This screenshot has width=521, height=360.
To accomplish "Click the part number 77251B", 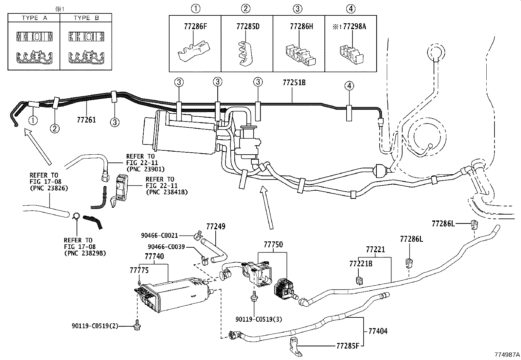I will [x=294, y=83].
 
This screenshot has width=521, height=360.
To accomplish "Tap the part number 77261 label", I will [x=86, y=120].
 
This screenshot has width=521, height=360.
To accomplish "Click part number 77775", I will [x=139, y=270].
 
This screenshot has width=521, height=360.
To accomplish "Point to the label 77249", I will [x=216, y=227].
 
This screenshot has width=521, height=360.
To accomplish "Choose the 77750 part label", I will [x=273, y=245].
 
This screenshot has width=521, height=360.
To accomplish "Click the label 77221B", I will [x=361, y=263].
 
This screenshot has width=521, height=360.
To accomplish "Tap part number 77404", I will [x=378, y=331].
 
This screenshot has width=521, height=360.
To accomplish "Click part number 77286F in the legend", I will [x=195, y=27].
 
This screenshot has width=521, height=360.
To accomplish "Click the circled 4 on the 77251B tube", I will [x=349, y=86].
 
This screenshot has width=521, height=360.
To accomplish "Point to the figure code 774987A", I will [x=507, y=354].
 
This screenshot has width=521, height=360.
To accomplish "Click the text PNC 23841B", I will [x=167, y=192].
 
